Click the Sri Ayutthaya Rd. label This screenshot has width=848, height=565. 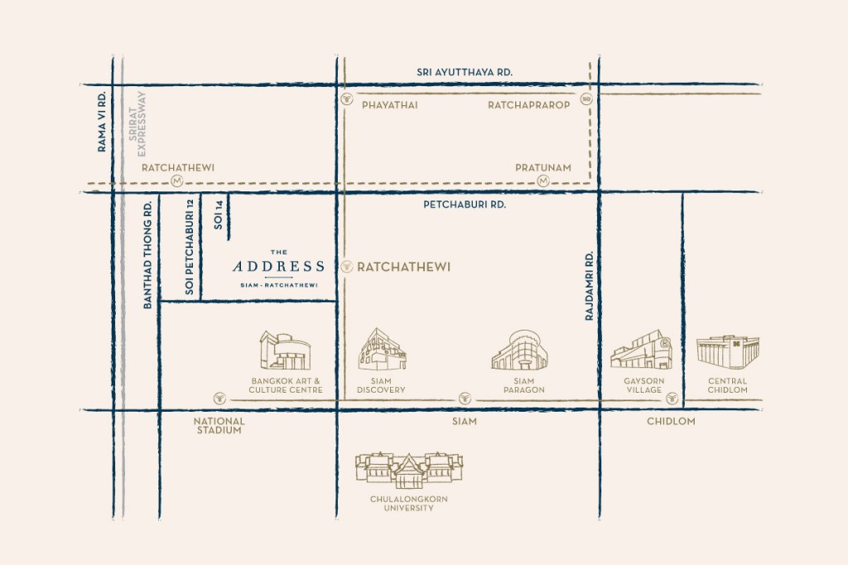465,73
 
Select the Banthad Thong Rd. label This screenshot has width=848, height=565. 148,255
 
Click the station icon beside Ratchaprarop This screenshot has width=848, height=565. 587,99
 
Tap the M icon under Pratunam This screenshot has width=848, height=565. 542,181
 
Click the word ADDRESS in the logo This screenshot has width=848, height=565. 278,267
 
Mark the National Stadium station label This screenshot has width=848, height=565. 219,426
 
